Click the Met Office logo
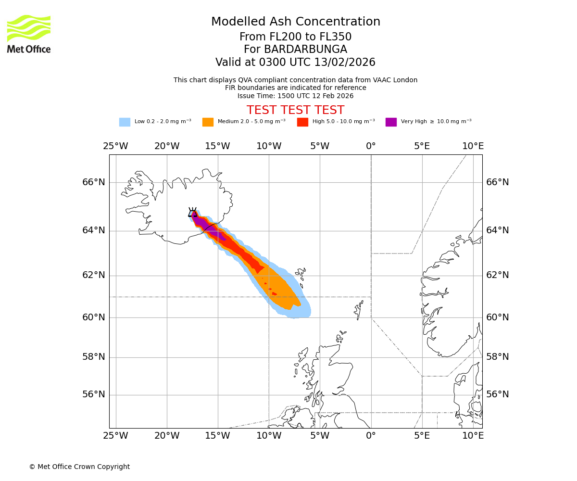click(29, 34)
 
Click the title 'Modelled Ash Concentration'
click(295, 22)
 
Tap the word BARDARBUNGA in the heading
click(295, 50)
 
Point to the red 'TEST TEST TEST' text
click(295, 110)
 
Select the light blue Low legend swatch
click(125, 122)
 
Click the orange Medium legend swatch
click(208, 122)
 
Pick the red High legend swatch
click(302, 122)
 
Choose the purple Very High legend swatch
click(391, 122)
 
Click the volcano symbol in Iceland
click(192, 212)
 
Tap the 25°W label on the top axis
click(115, 146)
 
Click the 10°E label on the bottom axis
click(473, 436)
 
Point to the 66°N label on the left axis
click(93, 182)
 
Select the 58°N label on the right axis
click(497, 357)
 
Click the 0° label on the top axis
click(371, 146)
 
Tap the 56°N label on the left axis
click(93, 394)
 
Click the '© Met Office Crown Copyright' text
click(79, 467)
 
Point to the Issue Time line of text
click(295, 96)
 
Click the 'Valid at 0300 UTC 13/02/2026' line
click(295, 63)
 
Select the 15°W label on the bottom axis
click(217, 436)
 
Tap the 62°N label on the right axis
click(497, 275)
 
